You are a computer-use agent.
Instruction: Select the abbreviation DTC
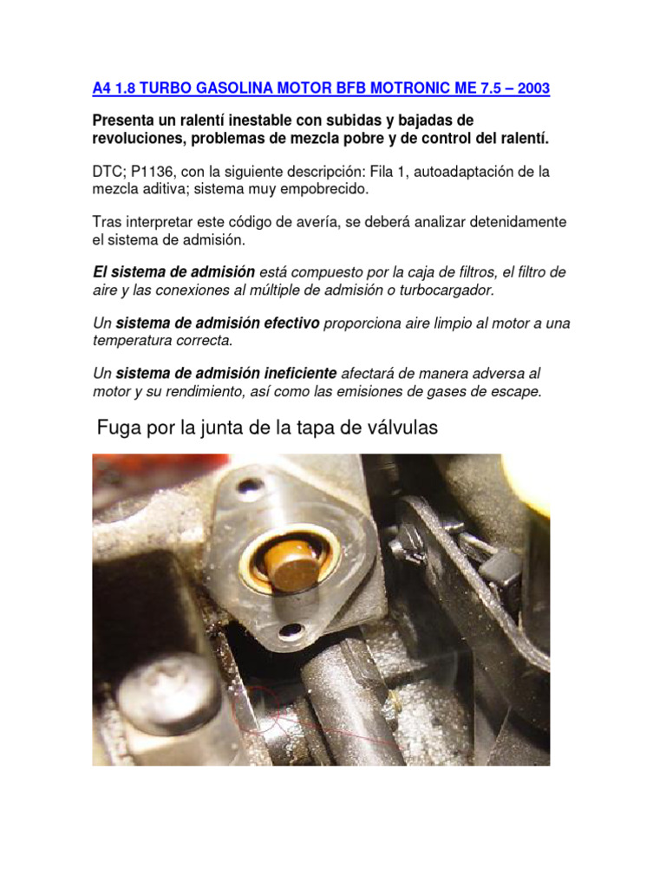point(108,173)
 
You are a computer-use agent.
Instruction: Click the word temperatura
point(129,340)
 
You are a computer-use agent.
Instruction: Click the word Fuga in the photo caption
point(117,428)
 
